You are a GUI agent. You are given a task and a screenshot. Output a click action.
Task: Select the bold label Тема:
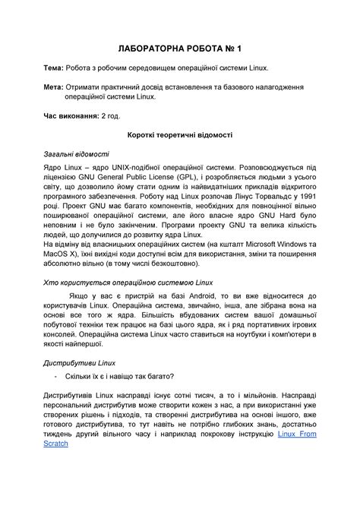coord(55,68)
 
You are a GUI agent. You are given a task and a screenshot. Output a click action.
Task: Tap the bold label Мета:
coord(55,87)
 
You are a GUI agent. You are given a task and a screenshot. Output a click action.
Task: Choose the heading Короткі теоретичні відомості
coord(179,135)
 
